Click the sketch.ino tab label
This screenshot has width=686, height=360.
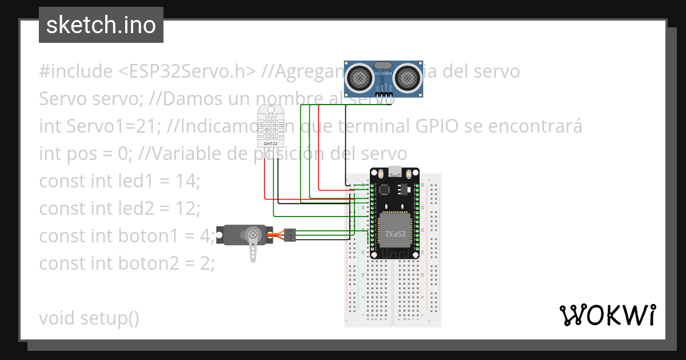coord(101,25)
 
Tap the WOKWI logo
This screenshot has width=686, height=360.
coord(607,315)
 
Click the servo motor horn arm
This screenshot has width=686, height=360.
coord(253,246)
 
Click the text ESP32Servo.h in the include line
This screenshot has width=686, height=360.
coord(188,71)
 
